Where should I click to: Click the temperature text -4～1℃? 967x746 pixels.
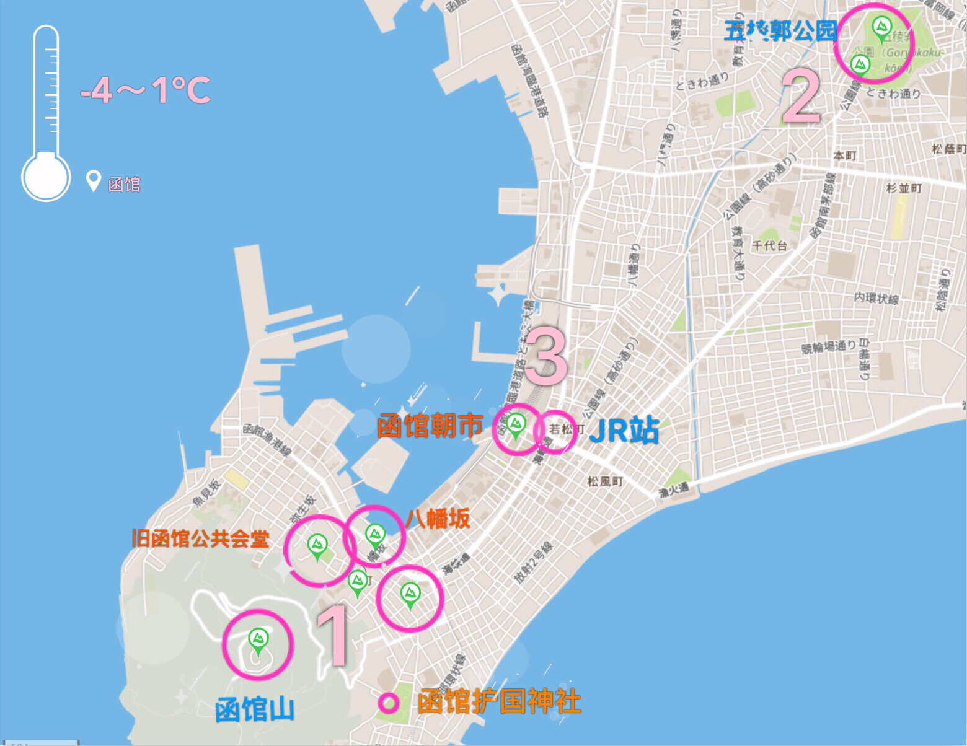pyautogui.click(x=146, y=90)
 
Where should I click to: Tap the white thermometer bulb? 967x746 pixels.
pyautogui.click(x=46, y=177)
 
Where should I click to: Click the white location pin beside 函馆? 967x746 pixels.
pyautogui.click(x=93, y=181)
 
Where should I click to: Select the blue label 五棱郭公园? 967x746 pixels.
pyautogui.click(x=780, y=30)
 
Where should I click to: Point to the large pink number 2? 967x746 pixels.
pyautogui.click(x=801, y=97)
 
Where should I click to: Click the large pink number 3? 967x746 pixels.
pyautogui.click(x=545, y=356)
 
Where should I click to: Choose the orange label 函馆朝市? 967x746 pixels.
pyautogui.click(x=430, y=426)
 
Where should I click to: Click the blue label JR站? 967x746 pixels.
pyautogui.click(x=624, y=430)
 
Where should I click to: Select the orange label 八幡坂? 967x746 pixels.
pyautogui.click(x=438, y=519)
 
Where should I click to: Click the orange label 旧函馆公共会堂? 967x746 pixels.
pyautogui.click(x=200, y=538)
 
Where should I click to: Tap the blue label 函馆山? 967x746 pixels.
pyautogui.click(x=255, y=710)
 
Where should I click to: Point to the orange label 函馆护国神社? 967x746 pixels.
pyautogui.click(x=499, y=701)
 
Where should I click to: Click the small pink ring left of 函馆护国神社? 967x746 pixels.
pyautogui.click(x=389, y=703)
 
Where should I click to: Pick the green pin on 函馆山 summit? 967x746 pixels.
pyautogui.click(x=258, y=639)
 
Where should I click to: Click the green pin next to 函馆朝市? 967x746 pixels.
pyautogui.click(x=515, y=425)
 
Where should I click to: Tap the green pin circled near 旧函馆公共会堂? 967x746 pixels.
pyautogui.click(x=317, y=546)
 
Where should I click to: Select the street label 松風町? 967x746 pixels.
pyautogui.click(x=605, y=481)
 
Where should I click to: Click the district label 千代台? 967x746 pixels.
pyautogui.click(x=769, y=245)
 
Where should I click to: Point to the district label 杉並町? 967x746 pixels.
pyautogui.click(x=904, y=188)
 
